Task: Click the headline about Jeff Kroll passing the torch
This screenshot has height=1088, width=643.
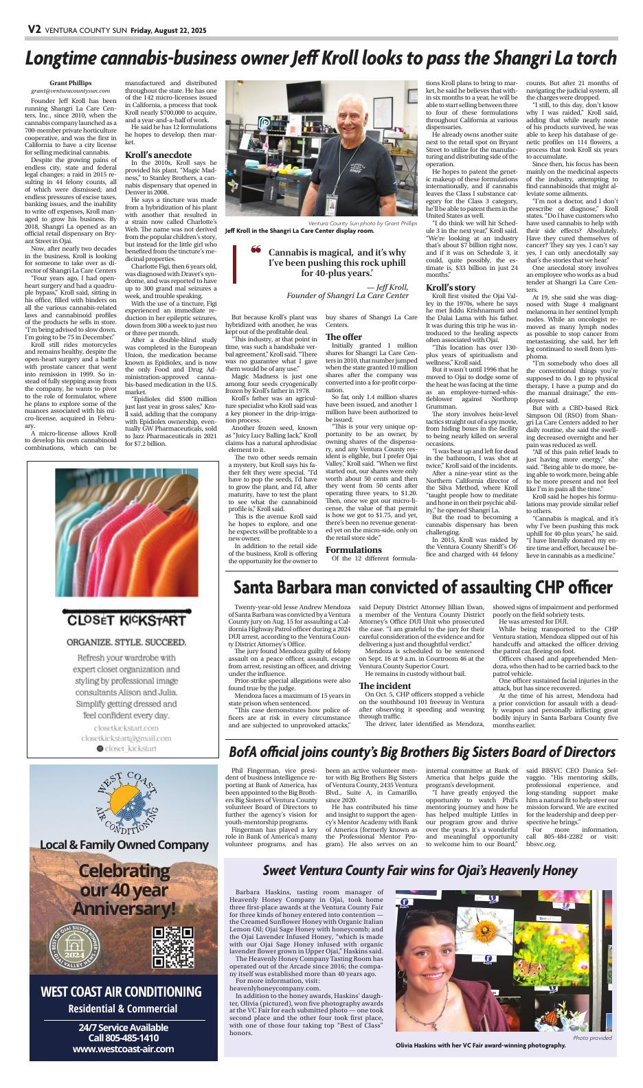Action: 321,58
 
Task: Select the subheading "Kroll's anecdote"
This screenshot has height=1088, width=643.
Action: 158,155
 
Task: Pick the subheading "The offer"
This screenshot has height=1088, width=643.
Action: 343,337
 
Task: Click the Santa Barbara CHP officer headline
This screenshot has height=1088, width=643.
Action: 422,587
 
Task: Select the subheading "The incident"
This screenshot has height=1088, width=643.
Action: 385,685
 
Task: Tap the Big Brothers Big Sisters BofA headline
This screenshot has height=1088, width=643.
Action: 422,751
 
